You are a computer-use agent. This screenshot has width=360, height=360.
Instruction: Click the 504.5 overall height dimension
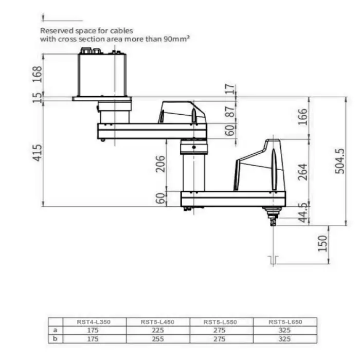pyautogui.click(x=340, y=161)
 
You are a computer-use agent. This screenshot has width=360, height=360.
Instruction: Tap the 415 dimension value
pyautogui.click(x=37, y=153)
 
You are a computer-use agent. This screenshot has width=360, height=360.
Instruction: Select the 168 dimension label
pyautogui.click(x=37, y=74)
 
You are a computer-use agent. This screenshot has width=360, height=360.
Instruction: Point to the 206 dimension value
pyautogui.click(x=160, y=164)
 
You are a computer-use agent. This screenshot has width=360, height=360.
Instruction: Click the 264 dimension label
pyautogui.click(x=302, y=172)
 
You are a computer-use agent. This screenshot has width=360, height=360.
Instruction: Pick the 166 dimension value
pyautogui.click(x=302, y=117)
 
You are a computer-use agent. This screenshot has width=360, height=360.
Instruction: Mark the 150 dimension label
pyautogui.click(x=322, y=243)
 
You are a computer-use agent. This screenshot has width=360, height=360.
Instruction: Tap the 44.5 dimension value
pyautogui.click(x=303, y=213)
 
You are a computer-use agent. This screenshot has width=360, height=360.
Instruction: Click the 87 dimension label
pyautogui.click(x=230, y=112)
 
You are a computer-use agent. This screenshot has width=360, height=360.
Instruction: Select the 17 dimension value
pyautogui.click(x=230, y=89)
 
